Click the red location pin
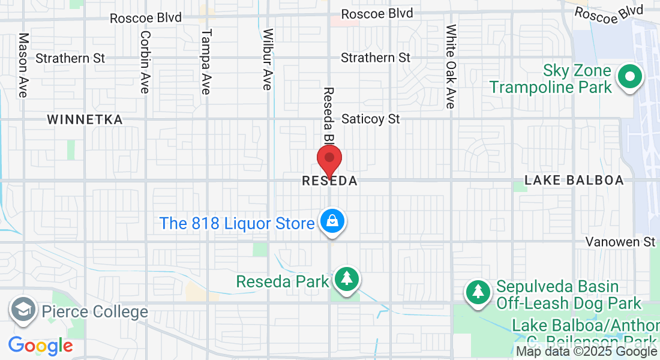pos(329,160)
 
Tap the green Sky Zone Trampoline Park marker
pos(630,77)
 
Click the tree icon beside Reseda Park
pos(346,279)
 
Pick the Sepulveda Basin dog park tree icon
pos(478,292)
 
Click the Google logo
pos(40,346)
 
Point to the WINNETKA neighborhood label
pos(85,119)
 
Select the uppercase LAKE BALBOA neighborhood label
pos(574,180)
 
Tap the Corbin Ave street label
pos(145,62)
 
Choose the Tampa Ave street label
pos(206,62)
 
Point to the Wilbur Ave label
pos(268,59)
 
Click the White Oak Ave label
pos(451,66)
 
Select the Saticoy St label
pos(370,119)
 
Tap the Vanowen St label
pos(620,242)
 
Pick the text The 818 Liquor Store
pos(237,224)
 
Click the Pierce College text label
pos(95,312)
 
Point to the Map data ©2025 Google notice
pos(587,352)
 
